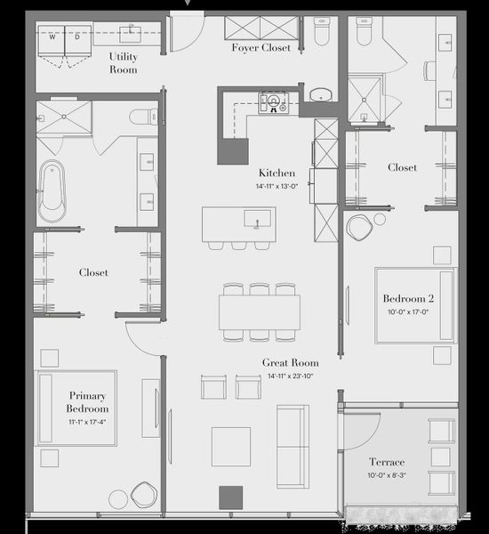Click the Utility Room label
pos(123,62)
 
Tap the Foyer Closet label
pos(261,47)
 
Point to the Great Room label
pos(290,362)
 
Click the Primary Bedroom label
pos(89,401)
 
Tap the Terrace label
pos(387,462)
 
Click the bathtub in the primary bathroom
pos(52,190)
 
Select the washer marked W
pos(52,38)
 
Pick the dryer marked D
pos(76,38)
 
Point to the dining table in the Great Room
pos(259,311)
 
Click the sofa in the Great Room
pos(293,433)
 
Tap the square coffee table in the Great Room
pos(230,446)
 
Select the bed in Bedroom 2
pos(414,304)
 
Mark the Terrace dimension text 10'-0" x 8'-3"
pos(387,476)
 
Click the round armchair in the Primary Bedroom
pos(143,494)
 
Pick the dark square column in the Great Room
pos(230,496)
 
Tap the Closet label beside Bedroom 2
pos(402,166)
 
